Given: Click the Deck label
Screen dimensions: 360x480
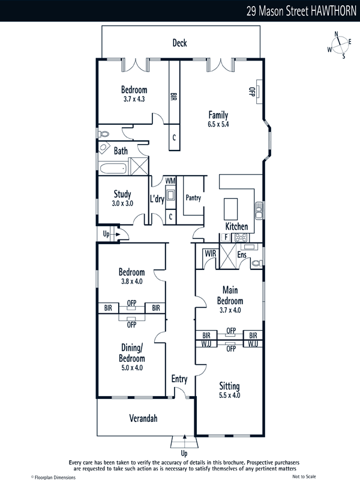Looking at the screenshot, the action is point(179,43).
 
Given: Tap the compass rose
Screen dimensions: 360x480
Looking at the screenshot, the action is point(340,45).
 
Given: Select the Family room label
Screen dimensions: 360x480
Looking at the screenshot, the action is point(218,115).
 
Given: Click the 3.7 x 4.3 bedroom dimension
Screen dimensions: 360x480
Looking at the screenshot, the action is point(134,99).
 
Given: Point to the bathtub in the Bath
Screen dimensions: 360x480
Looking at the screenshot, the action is point(113,169).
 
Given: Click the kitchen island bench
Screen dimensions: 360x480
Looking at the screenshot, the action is point(231,209).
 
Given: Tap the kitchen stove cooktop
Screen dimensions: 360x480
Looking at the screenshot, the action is point(241,237).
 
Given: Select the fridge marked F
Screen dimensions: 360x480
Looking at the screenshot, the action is point(226,237).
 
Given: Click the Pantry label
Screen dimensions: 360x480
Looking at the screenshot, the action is point(193,198).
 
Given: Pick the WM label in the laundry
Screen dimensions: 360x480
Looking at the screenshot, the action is point(170,181).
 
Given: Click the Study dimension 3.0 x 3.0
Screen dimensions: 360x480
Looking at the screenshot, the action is point(122,203).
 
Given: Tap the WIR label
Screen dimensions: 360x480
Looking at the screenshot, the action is point(211,253).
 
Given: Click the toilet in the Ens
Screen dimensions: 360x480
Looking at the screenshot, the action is point(257,263).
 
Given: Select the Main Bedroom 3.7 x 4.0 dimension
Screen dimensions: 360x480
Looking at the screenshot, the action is point(230,310).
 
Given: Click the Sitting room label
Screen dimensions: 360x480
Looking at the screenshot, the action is point(229,386).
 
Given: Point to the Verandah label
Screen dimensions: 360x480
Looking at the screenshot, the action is point(143,418).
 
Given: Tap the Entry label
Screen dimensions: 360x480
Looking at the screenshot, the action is point(179,379).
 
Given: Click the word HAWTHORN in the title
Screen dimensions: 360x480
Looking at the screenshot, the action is point(334,11).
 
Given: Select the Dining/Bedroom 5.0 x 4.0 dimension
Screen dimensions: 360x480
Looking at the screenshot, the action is point(132,368).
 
